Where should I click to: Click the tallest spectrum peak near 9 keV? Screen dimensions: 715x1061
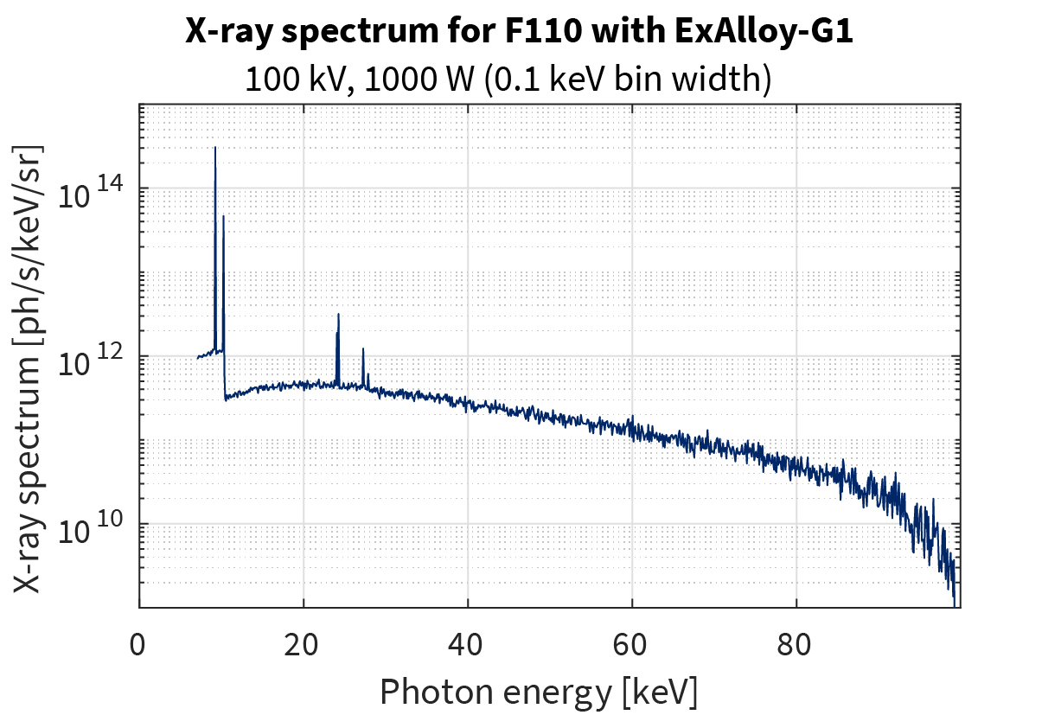click(x=215, y=148)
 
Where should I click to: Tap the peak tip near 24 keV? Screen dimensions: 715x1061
click(x=338, y=315)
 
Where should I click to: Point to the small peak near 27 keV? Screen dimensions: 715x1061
click(x=363, y=348)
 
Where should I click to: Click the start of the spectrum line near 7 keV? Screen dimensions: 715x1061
click(x=198, y=357)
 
